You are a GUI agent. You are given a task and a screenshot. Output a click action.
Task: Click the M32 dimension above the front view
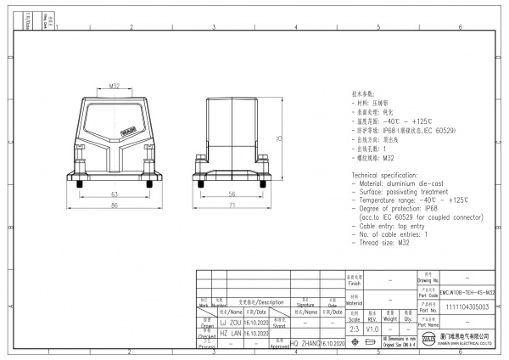[115, 85]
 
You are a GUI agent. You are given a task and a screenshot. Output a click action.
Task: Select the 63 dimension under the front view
[115, 194]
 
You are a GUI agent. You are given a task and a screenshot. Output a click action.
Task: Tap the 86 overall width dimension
[115, 205]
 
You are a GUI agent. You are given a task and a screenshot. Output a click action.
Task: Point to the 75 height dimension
[279, 140]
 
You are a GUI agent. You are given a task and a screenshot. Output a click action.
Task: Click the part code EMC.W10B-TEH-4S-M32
[467, 292]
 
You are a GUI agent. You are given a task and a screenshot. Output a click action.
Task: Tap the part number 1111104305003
[467, 308]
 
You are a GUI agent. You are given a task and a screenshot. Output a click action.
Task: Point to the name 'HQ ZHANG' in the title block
[305, 344]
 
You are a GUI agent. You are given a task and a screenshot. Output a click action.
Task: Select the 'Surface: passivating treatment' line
[400, 190]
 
